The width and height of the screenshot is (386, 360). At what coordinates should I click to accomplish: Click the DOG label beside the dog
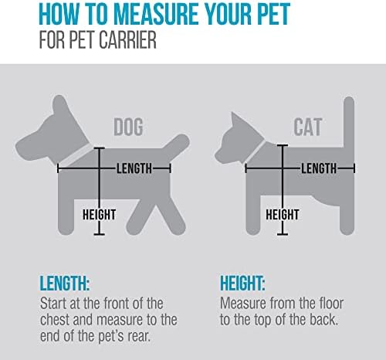click(x=134, y=126)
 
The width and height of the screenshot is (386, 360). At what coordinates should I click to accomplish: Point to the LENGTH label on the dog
click(x=134, y=168)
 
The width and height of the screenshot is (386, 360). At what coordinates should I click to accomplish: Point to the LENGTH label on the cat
click(x=320, y=168)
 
